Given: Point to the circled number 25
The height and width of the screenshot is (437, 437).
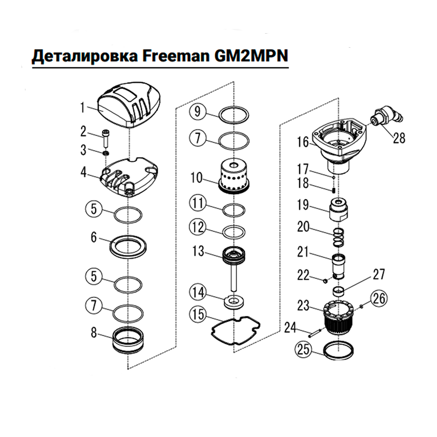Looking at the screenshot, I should click(304, 350).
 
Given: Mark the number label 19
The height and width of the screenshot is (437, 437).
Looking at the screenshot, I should click(303, 205).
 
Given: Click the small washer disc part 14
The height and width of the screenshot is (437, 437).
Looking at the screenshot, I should click(235, 301).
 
